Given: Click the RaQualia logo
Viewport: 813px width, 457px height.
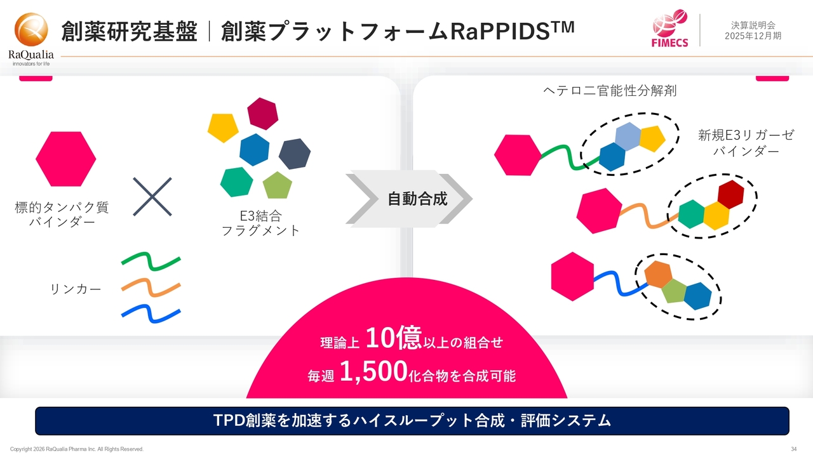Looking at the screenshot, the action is coord(31,39).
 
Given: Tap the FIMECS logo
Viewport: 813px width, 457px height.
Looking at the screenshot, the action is coord(669,29).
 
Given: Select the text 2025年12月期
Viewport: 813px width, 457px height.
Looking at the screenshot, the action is coord(753,36).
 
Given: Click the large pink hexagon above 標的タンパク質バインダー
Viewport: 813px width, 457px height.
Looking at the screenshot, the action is coord(65,159).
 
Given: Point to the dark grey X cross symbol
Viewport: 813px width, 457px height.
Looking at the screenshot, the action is coord(152,197).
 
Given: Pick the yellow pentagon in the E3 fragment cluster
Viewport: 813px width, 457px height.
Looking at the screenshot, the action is coord(223,128).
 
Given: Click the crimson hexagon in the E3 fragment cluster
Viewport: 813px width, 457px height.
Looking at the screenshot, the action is coord(263,114).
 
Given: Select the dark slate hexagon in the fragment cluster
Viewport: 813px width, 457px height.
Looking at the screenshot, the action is coord(294,154).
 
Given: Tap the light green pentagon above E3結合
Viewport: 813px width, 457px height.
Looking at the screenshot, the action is coord(278,185).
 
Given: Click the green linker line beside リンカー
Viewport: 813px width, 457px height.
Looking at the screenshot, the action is coord(151,261).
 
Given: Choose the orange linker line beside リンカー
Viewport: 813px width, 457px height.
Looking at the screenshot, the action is coord(151,288).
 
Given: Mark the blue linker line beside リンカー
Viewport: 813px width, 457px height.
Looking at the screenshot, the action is coord(151,314).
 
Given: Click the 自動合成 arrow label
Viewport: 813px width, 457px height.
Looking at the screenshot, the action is coord(417,199).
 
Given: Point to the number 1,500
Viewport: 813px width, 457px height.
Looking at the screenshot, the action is coord(373,371).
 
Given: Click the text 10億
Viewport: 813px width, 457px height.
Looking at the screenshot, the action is coord(393,338).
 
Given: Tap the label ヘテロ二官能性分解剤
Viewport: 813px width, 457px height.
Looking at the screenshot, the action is coord(610,91).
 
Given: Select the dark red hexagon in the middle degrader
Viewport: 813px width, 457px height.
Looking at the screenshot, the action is coord(730,195).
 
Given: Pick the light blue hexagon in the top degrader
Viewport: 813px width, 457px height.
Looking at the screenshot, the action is coord(628,136).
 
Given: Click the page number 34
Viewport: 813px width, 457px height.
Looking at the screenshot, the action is coord(794,449).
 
